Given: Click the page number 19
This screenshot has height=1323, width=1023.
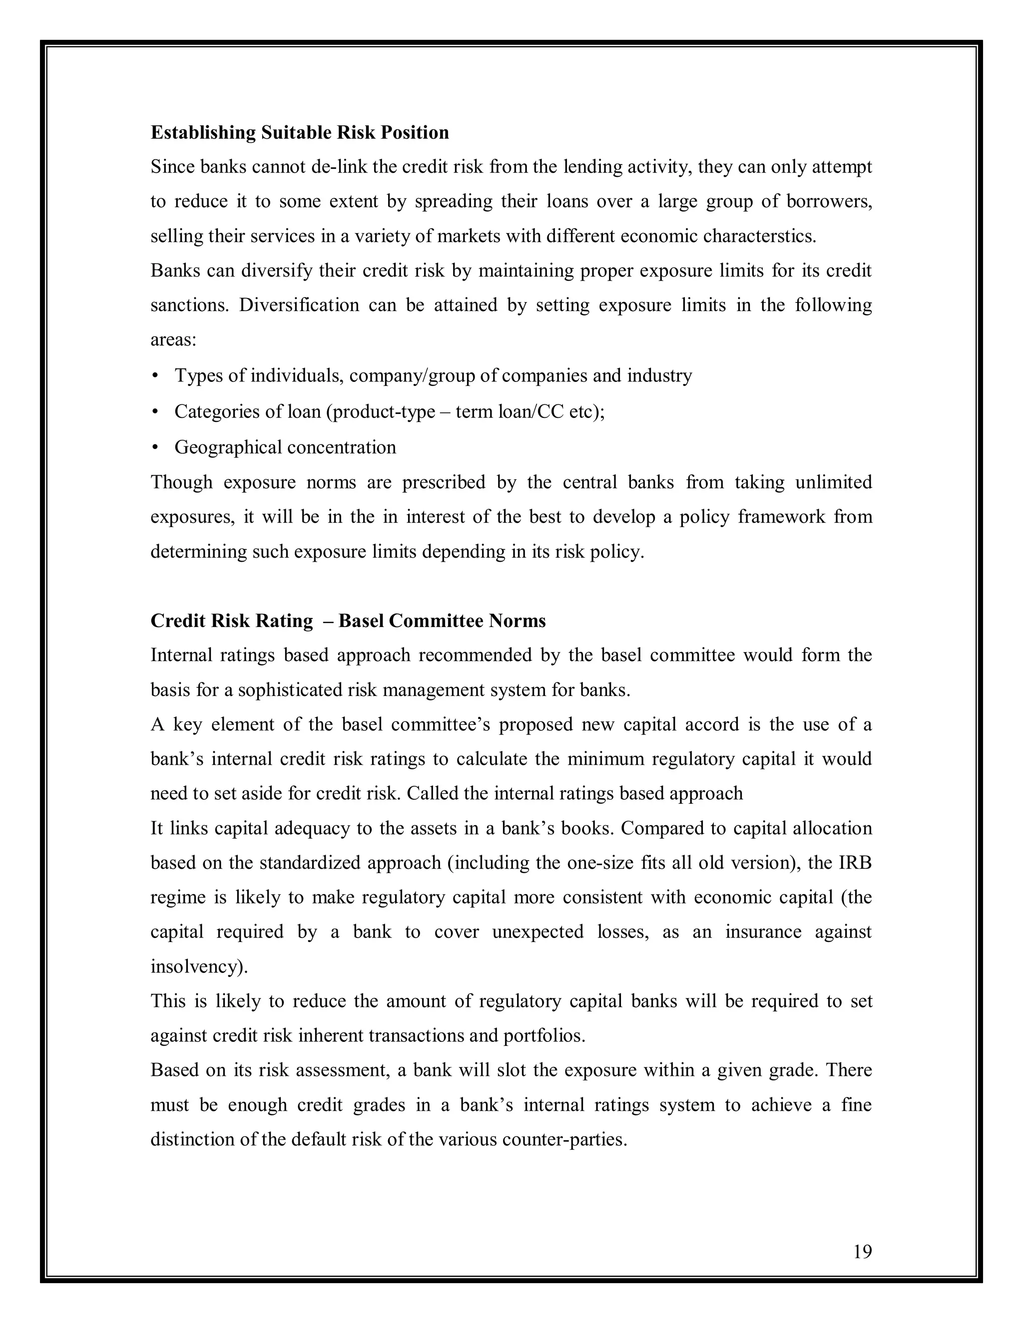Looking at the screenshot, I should click(x=862, y=1252).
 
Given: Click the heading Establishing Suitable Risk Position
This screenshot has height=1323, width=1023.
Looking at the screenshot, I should click(x=299, y=133).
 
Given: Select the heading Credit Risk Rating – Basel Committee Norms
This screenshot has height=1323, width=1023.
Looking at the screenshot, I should click(x=348, y=621).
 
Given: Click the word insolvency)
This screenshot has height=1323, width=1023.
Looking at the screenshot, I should click(x=199, y=966).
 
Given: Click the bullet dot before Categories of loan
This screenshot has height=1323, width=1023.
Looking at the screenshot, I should click(x=155, y=412).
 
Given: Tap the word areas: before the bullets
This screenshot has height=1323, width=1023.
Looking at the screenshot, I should click(x=173, y=340).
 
